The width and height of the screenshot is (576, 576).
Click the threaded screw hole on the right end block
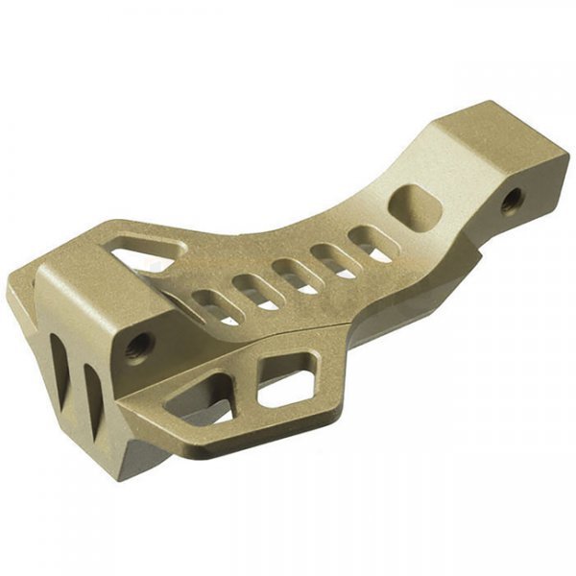pyautogui.click(x=512, y=200)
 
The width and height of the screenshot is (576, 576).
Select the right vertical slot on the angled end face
pyautogui.click(x=92, y=383)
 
